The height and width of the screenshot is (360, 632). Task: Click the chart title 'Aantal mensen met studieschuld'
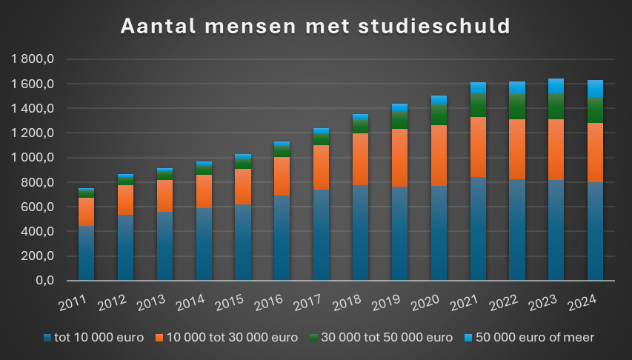tap(316, 26)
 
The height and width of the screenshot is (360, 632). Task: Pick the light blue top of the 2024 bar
tap(595, 88)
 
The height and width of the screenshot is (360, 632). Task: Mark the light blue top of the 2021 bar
tap(478, 87)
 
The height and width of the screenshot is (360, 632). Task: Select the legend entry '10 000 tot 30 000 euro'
tap(230, 338)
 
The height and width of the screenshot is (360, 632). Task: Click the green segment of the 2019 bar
tap(399, 119)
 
